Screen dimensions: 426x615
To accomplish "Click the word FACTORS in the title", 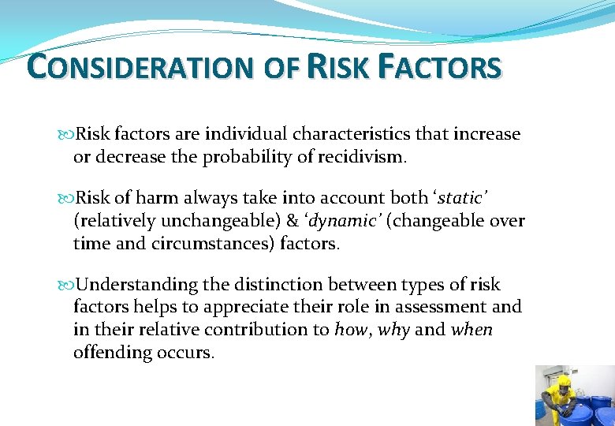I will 439,67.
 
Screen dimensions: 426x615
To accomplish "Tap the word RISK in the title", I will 338,67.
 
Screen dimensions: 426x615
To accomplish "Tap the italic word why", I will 393,330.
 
